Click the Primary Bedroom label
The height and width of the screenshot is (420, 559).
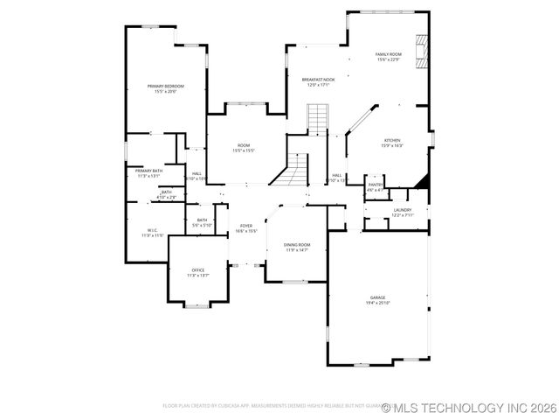[x=165, y=86]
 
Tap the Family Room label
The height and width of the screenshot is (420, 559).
[x=388, y=54]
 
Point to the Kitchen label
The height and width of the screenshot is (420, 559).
[x=392, y=140]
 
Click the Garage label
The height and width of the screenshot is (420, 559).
[x=376, y=297]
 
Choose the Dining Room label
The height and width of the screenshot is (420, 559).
[x=297, y=245]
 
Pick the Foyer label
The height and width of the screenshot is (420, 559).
[x=246, y=226]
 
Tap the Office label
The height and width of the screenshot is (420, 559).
[x=198, y=270]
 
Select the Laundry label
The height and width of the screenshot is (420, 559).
[x=402, y=210]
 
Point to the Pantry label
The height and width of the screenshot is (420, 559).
[x=375, y=185]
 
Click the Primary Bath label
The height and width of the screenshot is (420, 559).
[x=148, y=171]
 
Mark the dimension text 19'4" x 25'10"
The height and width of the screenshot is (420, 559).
[x=376, y=303]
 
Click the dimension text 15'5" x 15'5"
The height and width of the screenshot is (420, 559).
[x=244, y=150]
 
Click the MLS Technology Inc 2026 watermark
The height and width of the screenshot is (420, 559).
[x=470, y=407]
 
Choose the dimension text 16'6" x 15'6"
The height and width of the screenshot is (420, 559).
[x=246, y=231]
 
